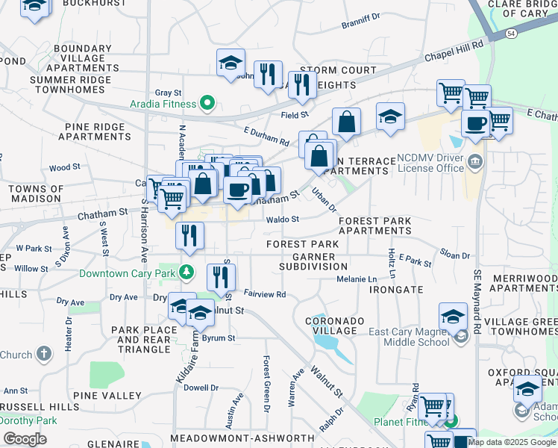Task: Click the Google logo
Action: tap(25, 438)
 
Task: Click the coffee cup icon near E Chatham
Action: tap(475, 124)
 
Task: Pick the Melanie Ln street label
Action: tap(356, 279)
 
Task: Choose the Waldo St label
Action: tap(283, 220)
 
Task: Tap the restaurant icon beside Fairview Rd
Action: tap(221, 277)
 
